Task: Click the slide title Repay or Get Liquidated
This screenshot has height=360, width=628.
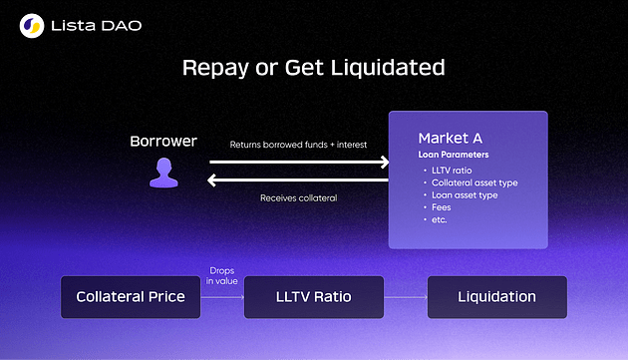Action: [x=313, y=68]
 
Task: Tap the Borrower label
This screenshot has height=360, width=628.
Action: [x=162, y=141]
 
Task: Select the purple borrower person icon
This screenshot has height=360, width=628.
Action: [x=162, y=173]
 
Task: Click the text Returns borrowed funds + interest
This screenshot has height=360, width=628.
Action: [x=298, y=145]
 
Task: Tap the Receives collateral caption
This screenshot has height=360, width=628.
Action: [x=298, y=197]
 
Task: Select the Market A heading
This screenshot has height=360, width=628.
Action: [x=451, y=138]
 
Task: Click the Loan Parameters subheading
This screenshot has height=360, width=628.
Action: [x=454, y=156]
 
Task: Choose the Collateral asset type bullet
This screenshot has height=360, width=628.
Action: [x=474, y=182]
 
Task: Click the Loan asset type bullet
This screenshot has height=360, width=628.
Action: [x=466, y=194]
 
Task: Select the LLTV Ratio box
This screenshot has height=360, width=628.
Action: [x=313, y=297]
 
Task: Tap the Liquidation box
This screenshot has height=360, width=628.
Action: [x=496, y=297]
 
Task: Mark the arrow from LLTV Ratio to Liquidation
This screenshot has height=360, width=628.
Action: [x=404, y=297]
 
